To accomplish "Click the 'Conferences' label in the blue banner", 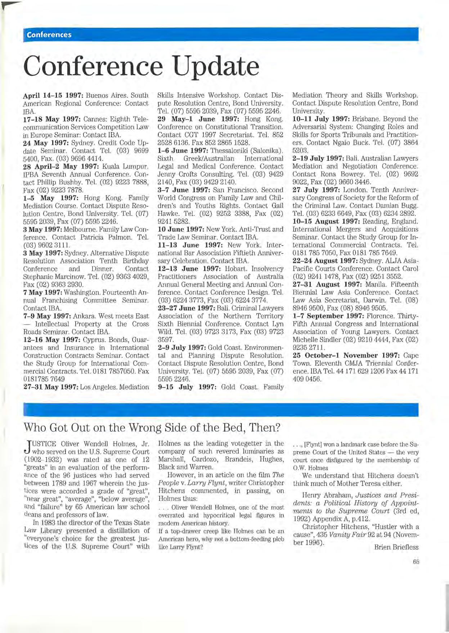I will coord(49,35).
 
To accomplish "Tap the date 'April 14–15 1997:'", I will coord(53,95).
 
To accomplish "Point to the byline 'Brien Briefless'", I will coord(396,547).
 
